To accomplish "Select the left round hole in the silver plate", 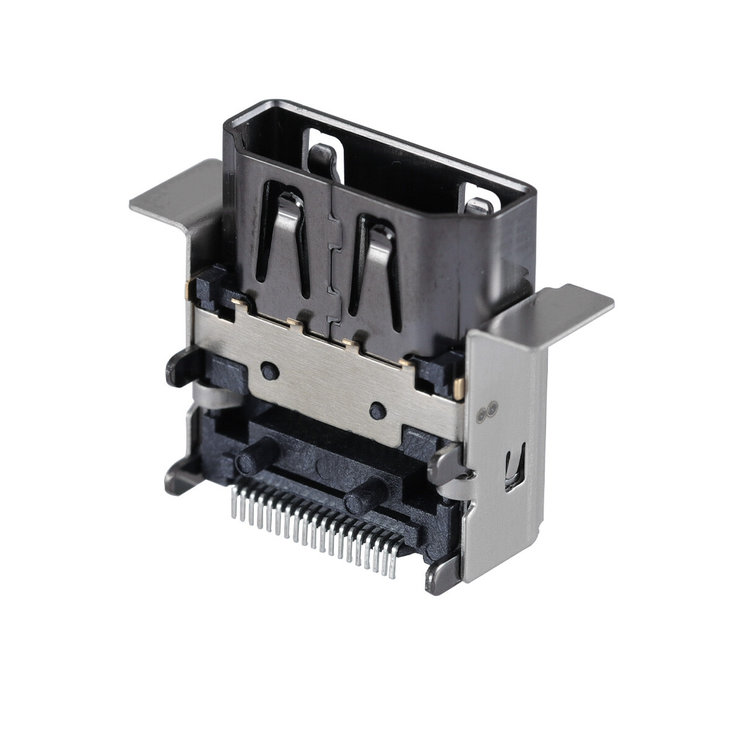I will [268, 370].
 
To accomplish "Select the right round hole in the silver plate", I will [376, 410].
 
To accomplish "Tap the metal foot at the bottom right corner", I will [441, 576].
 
